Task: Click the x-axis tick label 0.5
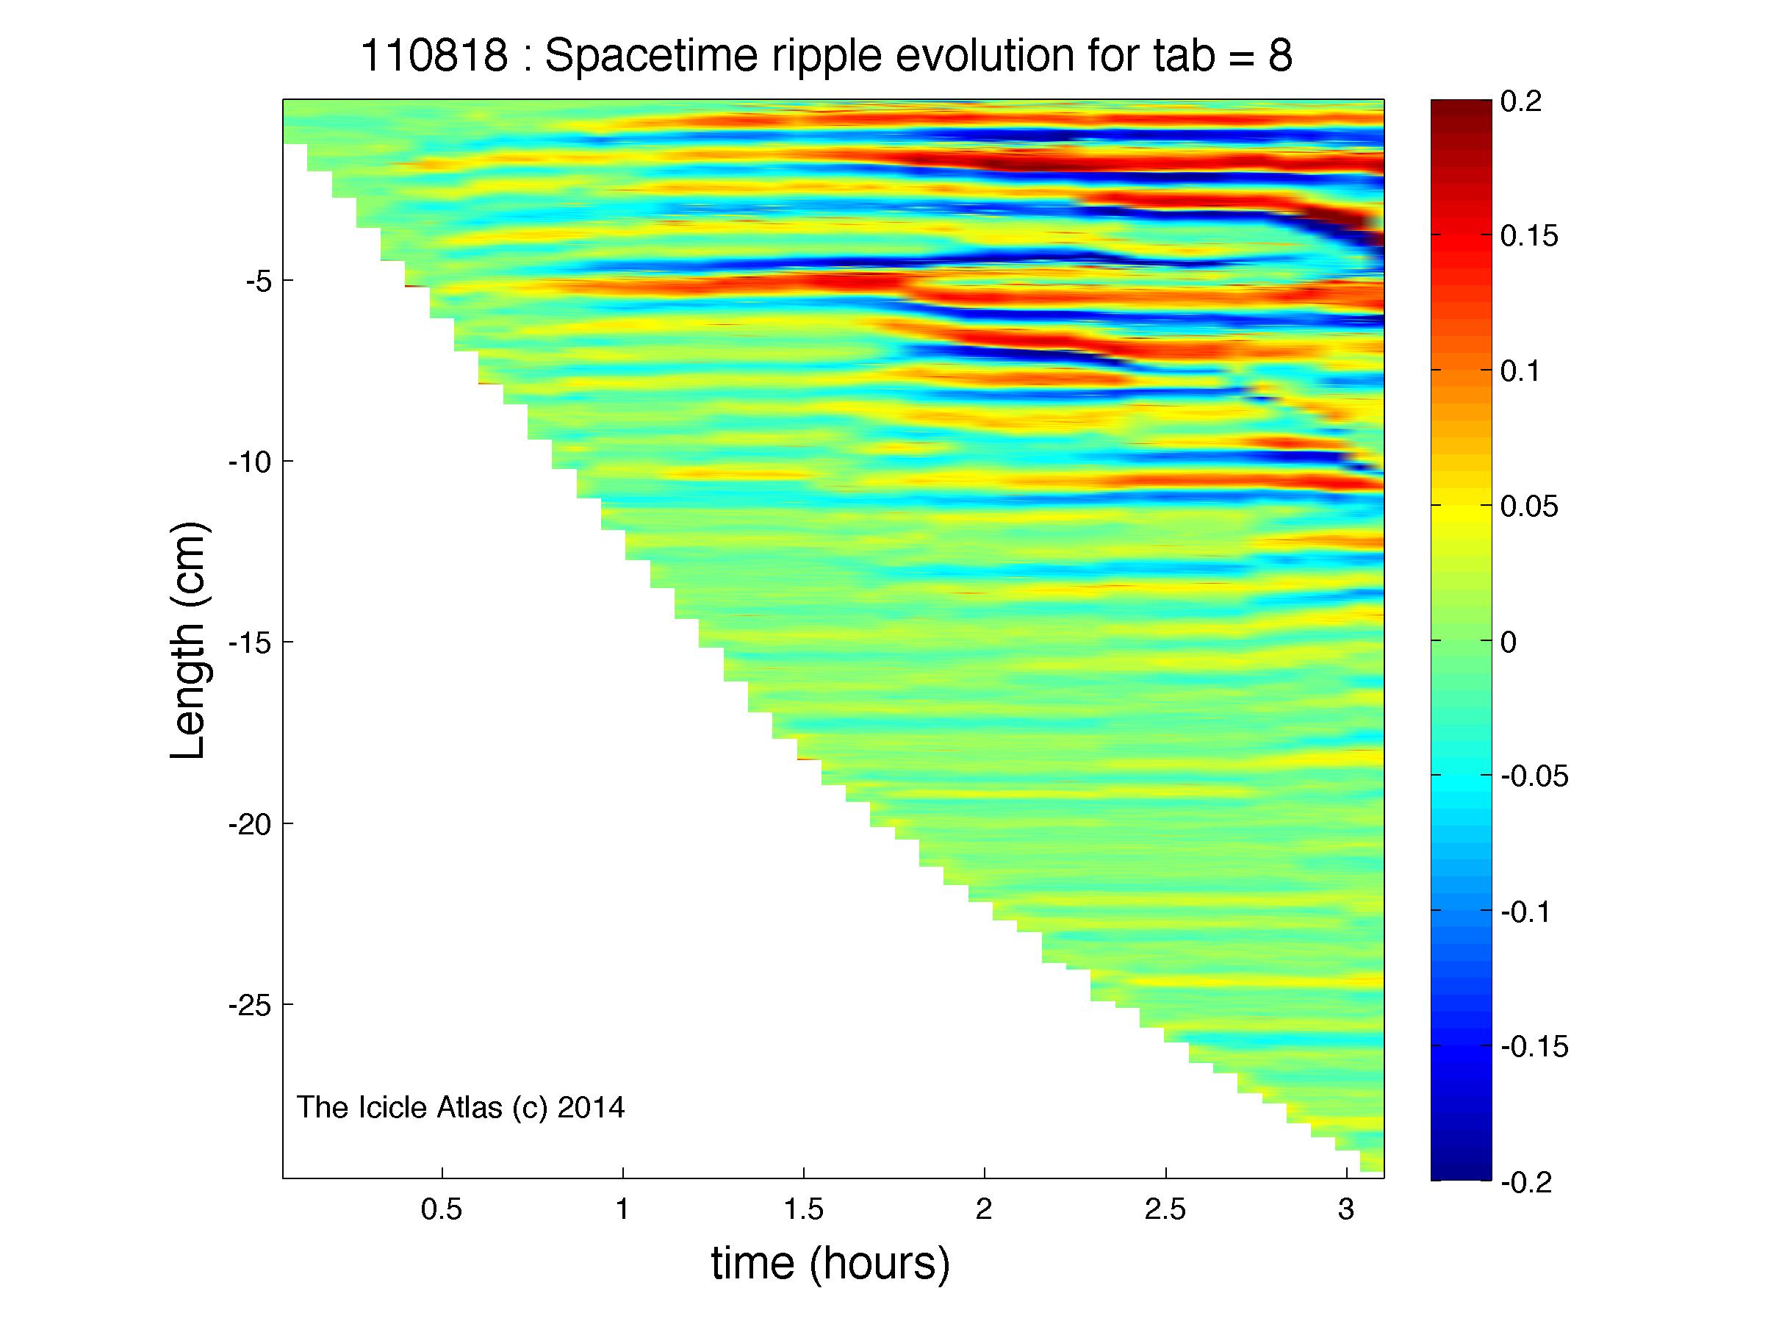tap(441, 1210)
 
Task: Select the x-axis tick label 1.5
tap(803, 1210)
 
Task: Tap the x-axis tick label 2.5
tap(1165, 1210)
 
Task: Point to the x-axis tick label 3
tap(1347, 1210)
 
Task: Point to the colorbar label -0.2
tap(1525, 1182)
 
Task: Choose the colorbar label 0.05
tap(1529, 507)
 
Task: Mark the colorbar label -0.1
tap(1525, 912)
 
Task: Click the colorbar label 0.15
tap(1529, 237)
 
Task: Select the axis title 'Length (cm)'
tap(188, 641)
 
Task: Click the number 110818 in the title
tap(434, 57)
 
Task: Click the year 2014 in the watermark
tap(591, 1108)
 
